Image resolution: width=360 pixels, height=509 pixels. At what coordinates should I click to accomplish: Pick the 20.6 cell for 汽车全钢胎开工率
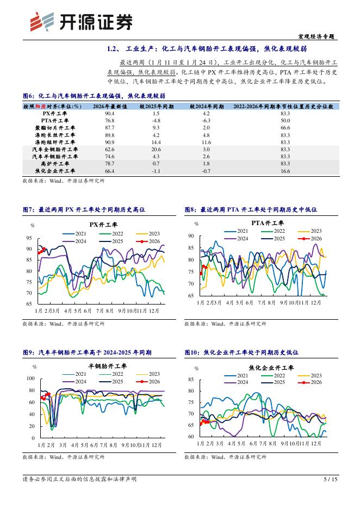156,149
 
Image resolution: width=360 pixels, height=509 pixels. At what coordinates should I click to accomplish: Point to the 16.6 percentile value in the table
285,171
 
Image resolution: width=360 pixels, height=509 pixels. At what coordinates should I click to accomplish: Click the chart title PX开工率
103,224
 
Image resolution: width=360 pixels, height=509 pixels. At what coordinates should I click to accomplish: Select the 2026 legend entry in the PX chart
148,241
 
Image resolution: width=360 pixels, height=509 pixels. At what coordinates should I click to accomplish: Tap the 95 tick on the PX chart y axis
28,238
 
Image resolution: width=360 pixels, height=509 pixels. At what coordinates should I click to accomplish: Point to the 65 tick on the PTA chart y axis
191,296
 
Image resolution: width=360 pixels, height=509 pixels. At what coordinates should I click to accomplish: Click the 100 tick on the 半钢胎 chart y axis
30,378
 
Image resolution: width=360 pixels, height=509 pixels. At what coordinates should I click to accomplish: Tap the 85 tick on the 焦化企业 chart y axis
191,379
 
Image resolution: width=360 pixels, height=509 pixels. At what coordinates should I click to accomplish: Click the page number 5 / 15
330,479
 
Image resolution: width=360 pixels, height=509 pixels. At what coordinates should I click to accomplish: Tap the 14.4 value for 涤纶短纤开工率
156,142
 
